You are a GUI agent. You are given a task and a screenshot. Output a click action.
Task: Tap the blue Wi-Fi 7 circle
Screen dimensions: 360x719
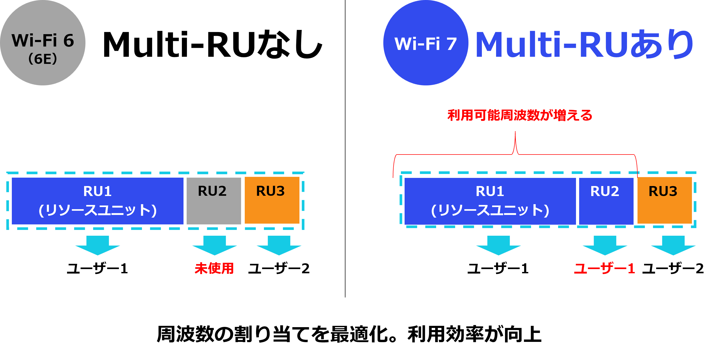(426, 43)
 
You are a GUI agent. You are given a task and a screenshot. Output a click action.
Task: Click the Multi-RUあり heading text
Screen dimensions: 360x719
(583, 45)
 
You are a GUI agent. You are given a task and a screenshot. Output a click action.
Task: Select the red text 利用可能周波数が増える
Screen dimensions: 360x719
(520, 115)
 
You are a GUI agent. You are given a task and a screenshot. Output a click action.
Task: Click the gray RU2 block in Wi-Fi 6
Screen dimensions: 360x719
(213, 201)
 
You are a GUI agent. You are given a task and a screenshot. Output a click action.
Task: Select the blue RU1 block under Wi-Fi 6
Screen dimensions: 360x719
(98, 201)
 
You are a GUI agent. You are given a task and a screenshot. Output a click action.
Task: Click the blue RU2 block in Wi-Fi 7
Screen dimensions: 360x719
(606, 201)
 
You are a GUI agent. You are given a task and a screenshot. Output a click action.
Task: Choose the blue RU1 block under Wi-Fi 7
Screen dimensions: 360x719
(490, 201)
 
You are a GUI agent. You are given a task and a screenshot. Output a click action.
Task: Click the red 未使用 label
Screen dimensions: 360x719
(214, 268)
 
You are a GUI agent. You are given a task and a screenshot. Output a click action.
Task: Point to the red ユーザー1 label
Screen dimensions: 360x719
(604, 269)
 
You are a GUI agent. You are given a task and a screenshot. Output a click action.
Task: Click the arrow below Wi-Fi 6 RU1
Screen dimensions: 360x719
(98, 245)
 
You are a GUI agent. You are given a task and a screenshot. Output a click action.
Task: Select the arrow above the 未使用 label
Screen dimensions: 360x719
(214, 245)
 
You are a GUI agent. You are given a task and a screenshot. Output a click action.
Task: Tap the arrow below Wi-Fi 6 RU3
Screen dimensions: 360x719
(279, 245)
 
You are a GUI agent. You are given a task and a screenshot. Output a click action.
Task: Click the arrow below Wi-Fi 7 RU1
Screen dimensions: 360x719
(498, 245)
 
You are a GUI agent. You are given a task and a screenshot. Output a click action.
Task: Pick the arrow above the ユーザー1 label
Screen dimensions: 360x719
(605, 245)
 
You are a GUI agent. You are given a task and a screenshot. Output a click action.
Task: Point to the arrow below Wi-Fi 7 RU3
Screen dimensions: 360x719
(673, 245)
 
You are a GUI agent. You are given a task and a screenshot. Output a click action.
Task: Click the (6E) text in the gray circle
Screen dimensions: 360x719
(43, 59)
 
